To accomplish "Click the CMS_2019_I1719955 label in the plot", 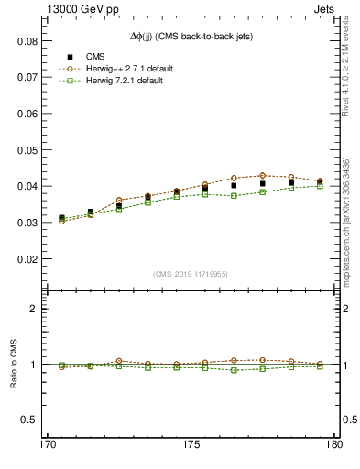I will click(191, 273).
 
